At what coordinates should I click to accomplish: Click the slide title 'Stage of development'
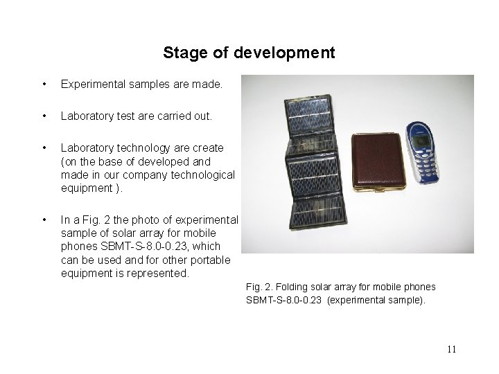point(249,53)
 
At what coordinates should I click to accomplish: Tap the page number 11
point(451,349)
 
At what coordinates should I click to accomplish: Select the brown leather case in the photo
point(378,163)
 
